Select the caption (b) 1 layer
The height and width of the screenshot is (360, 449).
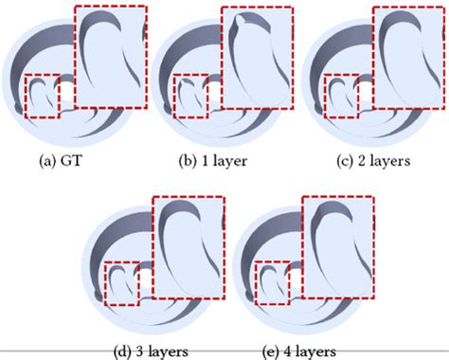point(213,161)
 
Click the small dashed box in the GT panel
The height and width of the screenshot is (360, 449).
point(48,97)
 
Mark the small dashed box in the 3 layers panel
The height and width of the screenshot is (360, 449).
point(127,282)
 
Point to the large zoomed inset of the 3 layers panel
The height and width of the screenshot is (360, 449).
point(189,248)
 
